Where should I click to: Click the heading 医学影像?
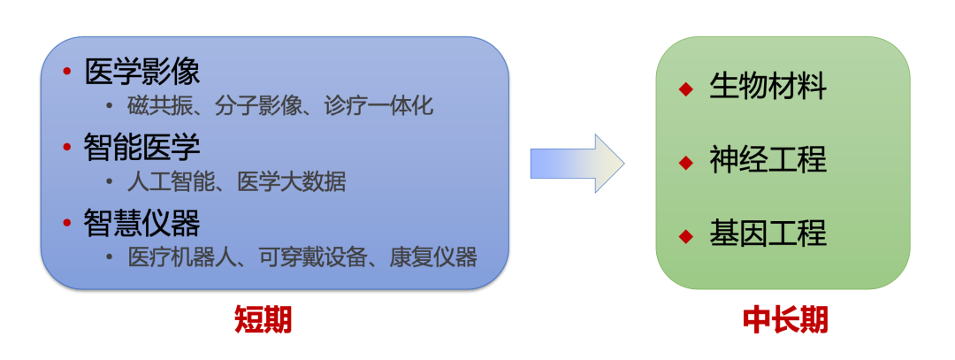pyautogui.click(x=142, y=71)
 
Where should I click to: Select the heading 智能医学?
pyautogui.click(x=142, y=145)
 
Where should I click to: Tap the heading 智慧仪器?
pyautogui.click(x=142, y=221)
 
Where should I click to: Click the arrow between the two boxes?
pyautogui.click(x=577, y=164)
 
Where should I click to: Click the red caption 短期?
pyautogui.click(x=263, y=319)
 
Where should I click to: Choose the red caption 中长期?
pyautogui.click(x=784, y=319)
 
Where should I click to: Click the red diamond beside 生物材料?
pyautogui.click(x=685, y=88)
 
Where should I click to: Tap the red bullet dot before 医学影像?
pyautogui.click(x=66, y=71)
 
